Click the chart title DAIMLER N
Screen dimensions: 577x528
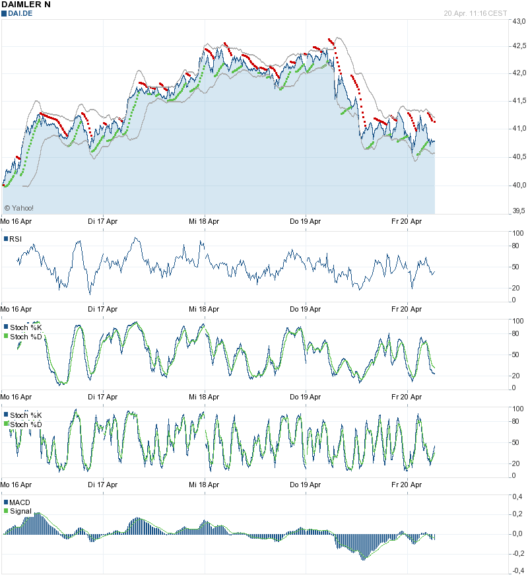26,5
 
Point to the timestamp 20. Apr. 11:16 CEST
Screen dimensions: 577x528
475,13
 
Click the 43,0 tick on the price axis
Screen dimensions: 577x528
519,22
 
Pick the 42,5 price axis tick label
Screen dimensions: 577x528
519,46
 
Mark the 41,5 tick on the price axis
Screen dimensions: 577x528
519,101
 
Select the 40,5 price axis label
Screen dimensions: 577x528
519,156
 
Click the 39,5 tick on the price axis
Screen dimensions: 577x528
519,211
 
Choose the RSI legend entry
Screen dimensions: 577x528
15,239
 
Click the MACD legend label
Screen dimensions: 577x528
19,502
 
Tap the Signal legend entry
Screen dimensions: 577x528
19,510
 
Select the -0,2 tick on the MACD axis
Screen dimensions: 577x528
518,553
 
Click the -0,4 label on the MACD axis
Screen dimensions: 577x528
518,572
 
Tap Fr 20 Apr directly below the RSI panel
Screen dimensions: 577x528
407,309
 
